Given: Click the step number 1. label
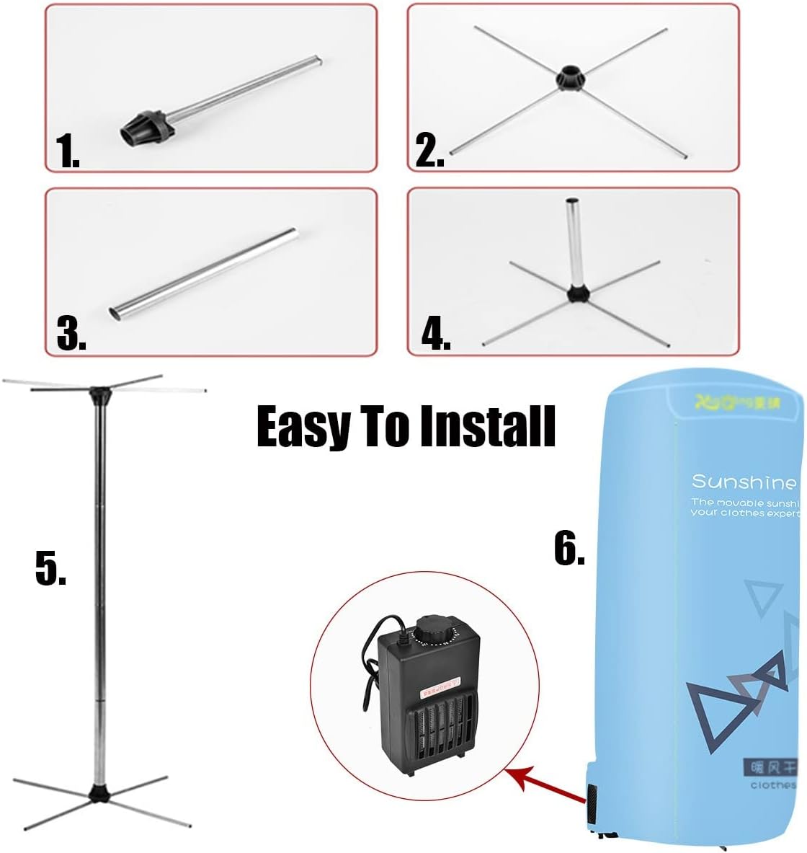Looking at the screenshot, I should pos(68,154).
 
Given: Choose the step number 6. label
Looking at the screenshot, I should pos(569,530).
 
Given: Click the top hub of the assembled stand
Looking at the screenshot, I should pos(98,395).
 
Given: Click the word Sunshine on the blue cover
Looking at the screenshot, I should pos(734,482).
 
